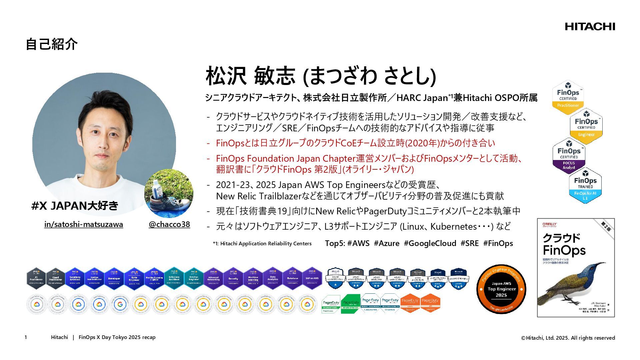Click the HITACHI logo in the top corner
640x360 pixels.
[590, 27]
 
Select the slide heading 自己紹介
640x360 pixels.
[52, 44]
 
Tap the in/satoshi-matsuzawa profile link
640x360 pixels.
[84, 224]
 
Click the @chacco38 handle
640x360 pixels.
[169, 224]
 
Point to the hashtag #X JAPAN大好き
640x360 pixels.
[75, 206]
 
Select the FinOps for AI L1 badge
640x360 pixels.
[585, 185]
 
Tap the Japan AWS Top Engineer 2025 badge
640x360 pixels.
[501, 289]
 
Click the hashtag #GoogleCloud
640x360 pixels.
[430, 243]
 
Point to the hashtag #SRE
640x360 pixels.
[469, 243]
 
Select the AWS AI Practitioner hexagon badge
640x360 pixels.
[36, 278]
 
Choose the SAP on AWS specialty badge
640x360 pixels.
[312, 278]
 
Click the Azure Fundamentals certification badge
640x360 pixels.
[335, 278]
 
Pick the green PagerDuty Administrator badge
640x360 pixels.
[350, 304]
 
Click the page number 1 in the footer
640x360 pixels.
[26, 337]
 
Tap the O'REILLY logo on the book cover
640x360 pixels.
[549, 225]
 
